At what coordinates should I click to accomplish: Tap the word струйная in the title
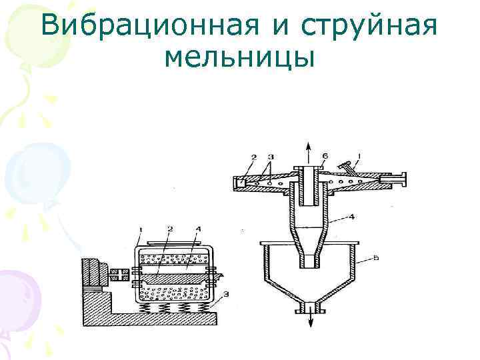[369, 26]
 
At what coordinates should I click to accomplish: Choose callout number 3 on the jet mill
[269, 157]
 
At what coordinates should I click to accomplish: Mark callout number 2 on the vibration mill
[171, 229]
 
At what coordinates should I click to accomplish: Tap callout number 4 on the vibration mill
[198, 229]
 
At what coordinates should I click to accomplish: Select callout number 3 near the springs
[227, 294]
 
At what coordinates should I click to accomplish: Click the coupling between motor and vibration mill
[119, 273]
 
